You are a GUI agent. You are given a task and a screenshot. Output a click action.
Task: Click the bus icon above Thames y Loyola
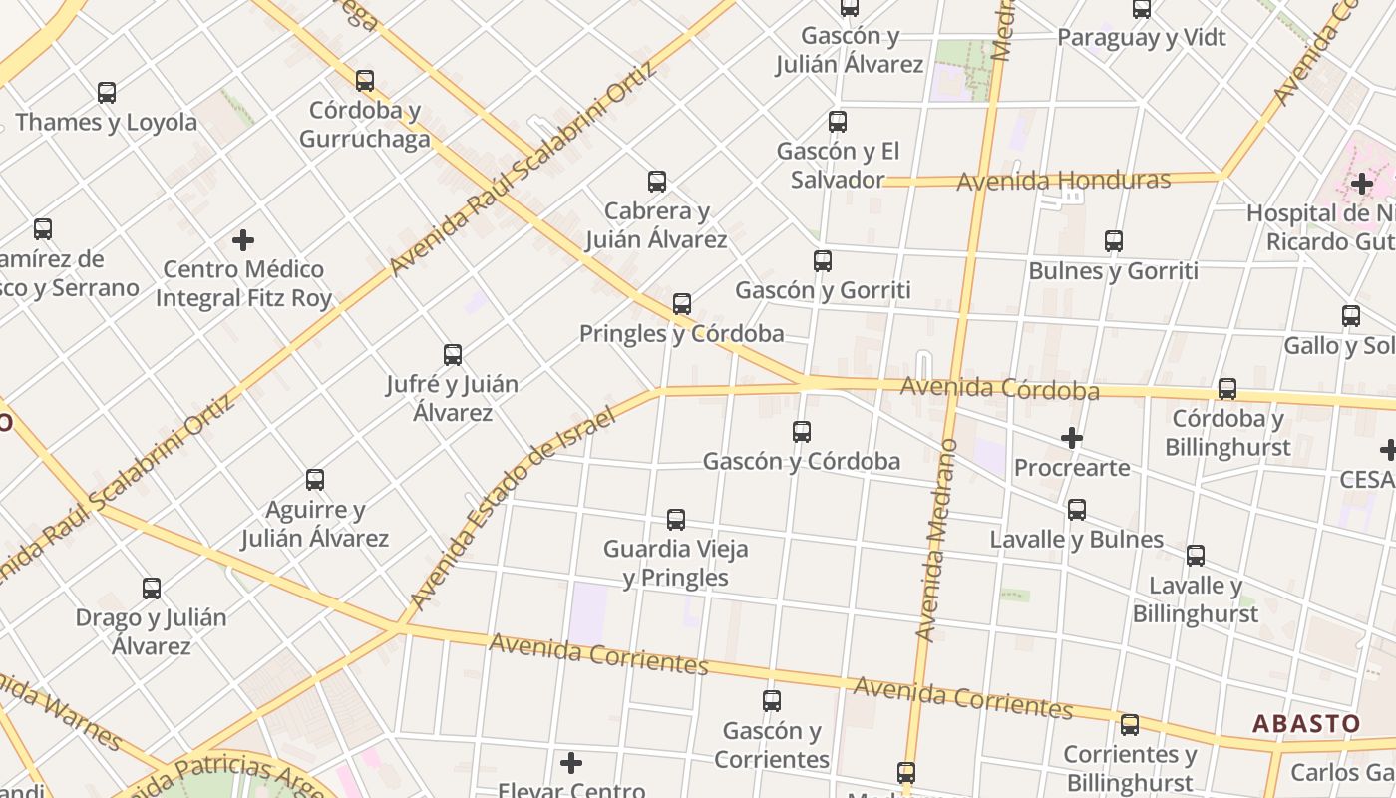[107, 93]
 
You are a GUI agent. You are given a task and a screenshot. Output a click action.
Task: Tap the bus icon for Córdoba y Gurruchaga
[365, 81]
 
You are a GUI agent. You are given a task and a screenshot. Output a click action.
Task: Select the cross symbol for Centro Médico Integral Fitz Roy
[243, 240]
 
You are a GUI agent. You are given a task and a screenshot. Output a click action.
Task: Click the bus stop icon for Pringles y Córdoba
[682, 304]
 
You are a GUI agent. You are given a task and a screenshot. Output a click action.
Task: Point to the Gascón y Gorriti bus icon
[823, 261]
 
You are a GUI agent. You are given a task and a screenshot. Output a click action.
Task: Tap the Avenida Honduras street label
[1063, 181]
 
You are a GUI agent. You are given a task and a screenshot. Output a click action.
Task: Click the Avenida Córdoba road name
[999, 388]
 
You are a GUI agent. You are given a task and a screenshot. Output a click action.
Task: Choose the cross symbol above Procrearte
[1072, 438]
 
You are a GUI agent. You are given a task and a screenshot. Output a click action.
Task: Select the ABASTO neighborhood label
[1306, 723]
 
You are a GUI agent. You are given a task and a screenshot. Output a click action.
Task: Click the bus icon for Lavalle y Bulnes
[1077, 510]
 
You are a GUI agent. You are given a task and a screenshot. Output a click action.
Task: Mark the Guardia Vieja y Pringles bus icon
[676, 520]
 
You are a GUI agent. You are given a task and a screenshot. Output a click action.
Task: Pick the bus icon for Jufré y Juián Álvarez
[453, 355]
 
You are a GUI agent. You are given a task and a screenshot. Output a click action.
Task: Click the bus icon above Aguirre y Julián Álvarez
[315, 480]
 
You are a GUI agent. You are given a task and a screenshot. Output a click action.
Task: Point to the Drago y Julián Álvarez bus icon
[152, 589]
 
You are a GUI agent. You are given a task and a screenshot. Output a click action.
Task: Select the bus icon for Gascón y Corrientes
[772, 701]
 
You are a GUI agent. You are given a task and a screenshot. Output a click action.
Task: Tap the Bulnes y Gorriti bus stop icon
[1114, 241]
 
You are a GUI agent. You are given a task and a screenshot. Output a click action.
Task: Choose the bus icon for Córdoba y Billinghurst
[1227, 389]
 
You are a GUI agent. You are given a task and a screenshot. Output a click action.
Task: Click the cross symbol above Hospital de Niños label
[1362, 184]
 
